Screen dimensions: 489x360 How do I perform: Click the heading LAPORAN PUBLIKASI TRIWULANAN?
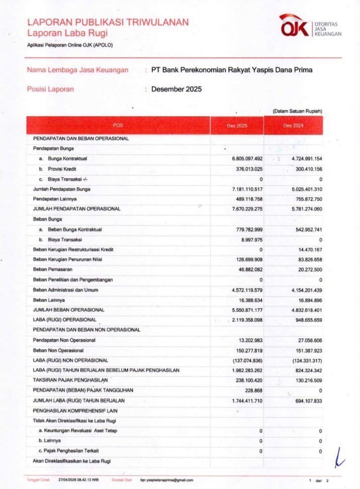[108, 22]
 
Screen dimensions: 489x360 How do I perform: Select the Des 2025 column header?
[237, 125]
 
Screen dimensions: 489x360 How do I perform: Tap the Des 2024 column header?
[293, 125]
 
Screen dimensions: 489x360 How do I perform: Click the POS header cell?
[118, 125]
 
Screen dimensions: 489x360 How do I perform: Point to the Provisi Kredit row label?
[62, 169]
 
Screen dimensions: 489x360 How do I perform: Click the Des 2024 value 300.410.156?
[302, 169]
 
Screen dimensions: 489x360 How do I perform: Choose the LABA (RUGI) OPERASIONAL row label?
[64, 319]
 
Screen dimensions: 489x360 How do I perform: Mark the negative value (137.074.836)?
[244, 360]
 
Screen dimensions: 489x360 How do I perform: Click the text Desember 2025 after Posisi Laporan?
[176, 89]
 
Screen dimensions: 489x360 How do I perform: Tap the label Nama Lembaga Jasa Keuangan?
[77, 70]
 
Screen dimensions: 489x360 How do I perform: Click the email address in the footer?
[166, 480]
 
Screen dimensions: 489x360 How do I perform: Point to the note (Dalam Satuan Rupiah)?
[297, 111]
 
